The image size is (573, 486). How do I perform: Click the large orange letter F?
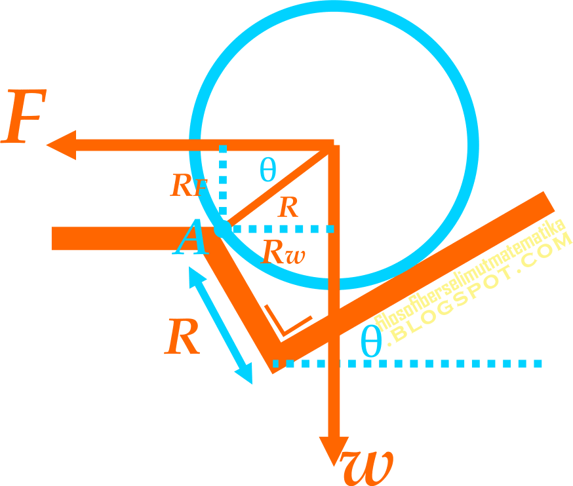[x=22, y=120]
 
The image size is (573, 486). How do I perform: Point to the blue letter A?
[x=191, y=238]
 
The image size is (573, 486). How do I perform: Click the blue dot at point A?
[x=222, y=229]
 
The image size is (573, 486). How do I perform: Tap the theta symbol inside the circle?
[x=267, y=170]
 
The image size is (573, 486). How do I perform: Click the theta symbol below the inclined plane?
[x=371, y=342]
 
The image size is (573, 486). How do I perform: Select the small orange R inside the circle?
[x=288, y=208]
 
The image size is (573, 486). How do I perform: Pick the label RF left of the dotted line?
[x=189, y=186]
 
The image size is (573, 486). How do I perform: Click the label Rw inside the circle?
[x=283, y=252]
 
